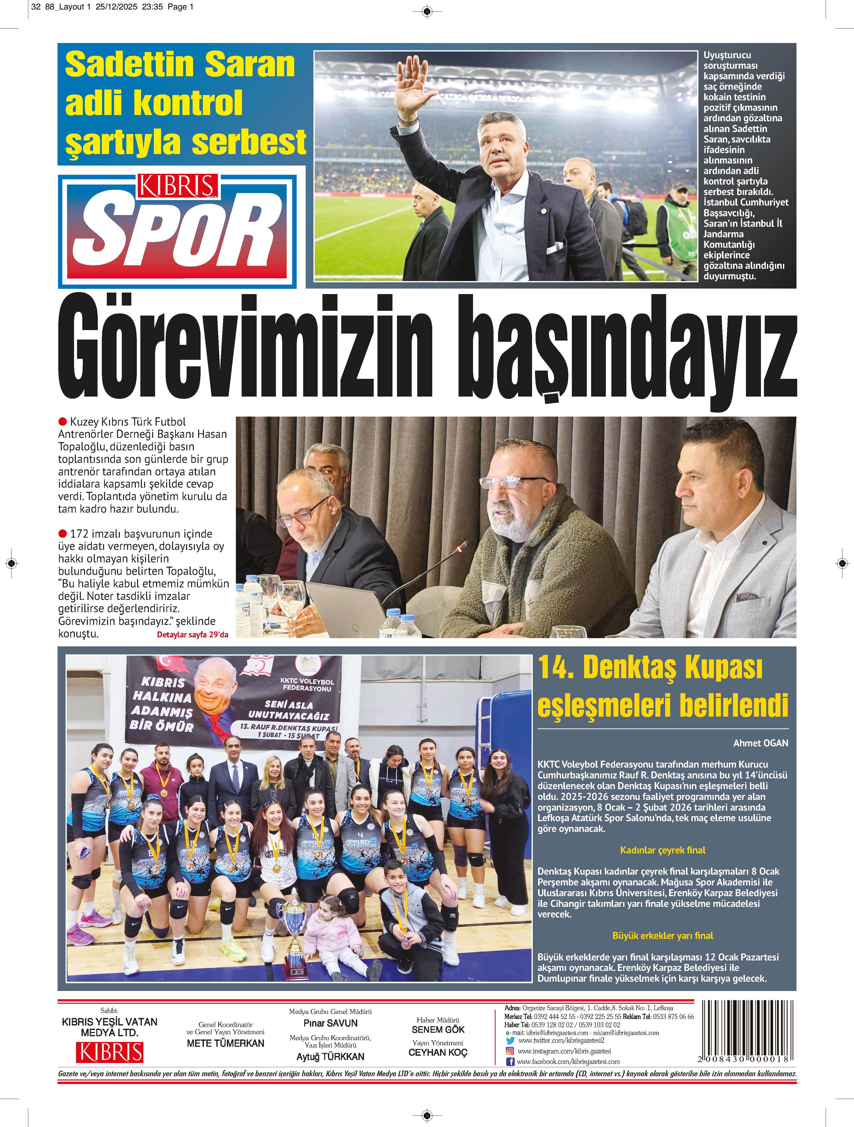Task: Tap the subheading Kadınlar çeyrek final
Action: coord(662,850)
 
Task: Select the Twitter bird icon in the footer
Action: coord(510,1040)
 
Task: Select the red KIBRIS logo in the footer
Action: coord(110,1053)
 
